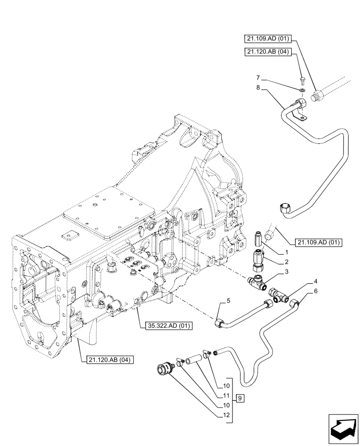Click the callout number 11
tap(226, 396)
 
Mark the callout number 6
tap(315, 291)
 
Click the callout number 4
tap(315, 281)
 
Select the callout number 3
tap(287, 272)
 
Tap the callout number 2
tap(287, 262)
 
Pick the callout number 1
tap(287, 252)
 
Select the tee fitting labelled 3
tap(257, 281)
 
